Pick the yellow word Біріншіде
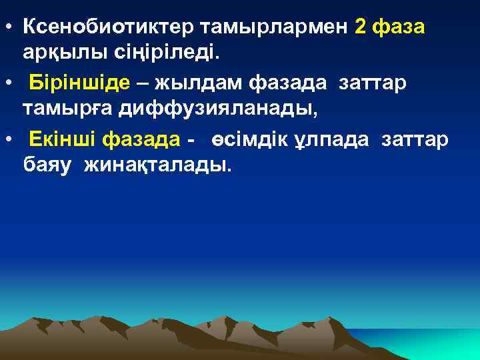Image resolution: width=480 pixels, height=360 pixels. (81, 83)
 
